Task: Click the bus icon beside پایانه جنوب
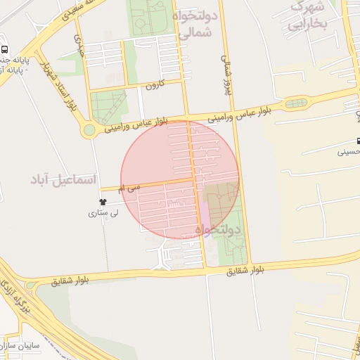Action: coord(5,51)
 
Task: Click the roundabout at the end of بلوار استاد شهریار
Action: coord(89,130)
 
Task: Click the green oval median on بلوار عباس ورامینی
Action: coord(296,104)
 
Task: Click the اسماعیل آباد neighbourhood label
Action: coord(63,180)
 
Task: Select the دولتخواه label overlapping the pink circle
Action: coord(218,229)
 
